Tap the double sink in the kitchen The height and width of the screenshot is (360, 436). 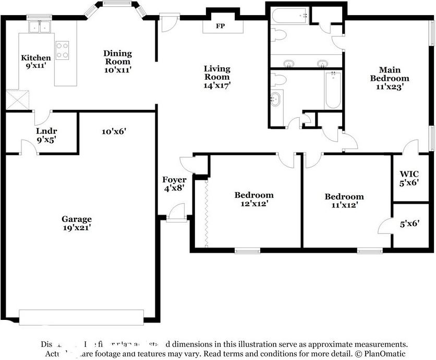coord(40,27)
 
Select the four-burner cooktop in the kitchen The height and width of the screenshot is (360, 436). coord(62,50)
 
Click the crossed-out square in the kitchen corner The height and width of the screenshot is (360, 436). coord(17,99)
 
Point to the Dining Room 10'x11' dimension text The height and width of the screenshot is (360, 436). coord(117,69)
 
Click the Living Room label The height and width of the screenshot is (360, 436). coord(216,72)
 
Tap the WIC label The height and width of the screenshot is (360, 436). coord(409,173)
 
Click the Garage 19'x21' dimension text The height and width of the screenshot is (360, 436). coord(77,227)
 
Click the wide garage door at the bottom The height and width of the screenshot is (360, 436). coord(81,317)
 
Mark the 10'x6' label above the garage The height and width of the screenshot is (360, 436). coord(114,132)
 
